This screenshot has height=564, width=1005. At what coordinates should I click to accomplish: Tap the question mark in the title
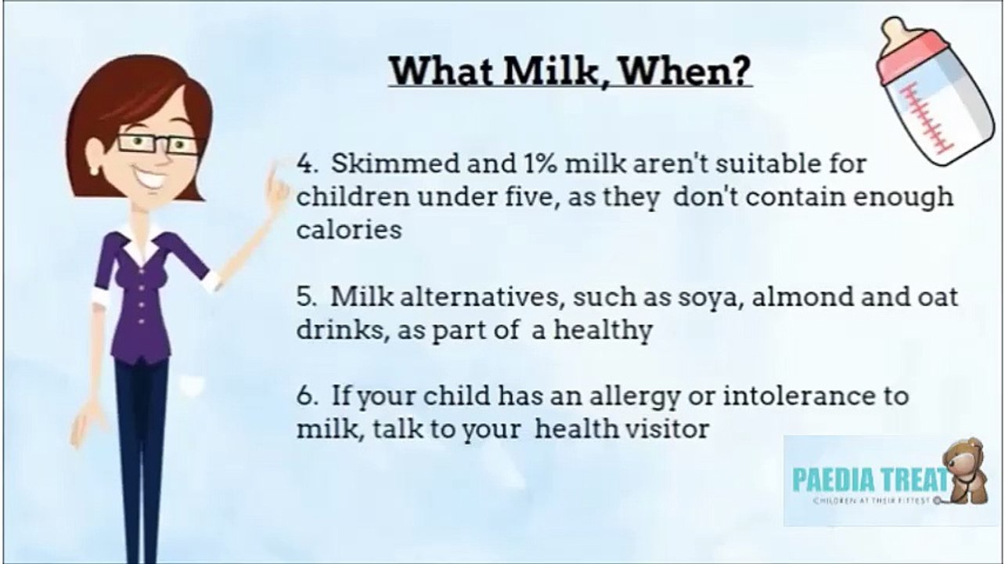(x=739, y=71)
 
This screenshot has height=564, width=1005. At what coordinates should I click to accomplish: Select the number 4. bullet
(x=308, y=164)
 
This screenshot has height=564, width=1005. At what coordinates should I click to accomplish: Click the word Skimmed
(x=395, y=163)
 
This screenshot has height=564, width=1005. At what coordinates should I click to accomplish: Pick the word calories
(x=349, y=230)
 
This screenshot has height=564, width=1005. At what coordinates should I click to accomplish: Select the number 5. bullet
(x=308, y=297)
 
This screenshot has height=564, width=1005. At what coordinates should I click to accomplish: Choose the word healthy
(x=603, y=331)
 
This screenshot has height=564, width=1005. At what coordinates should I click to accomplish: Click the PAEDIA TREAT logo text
(x=871, y=479)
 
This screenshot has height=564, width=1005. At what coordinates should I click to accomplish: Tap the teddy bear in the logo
(x=964, y=472)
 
